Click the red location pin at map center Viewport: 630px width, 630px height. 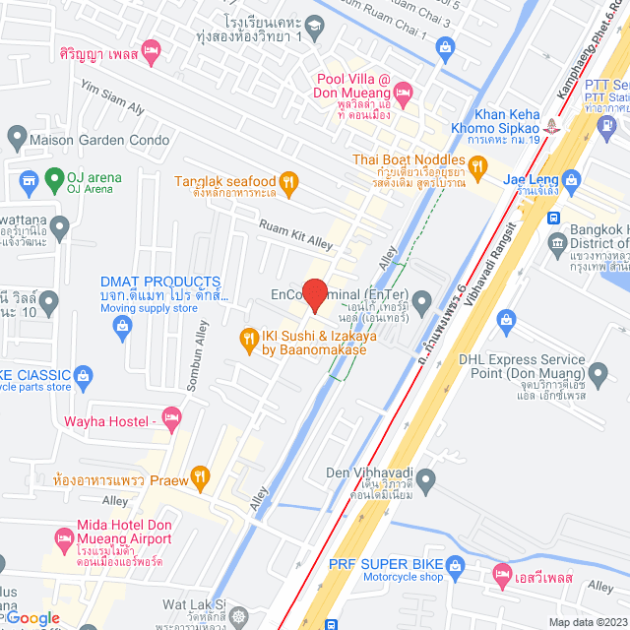coord(314,294)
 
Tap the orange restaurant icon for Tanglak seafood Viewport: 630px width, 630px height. coord(288,181)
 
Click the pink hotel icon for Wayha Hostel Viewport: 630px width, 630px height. coord(171,420)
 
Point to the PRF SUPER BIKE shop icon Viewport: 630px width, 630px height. coord(454,566)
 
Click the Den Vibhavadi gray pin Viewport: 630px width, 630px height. coord(425,480)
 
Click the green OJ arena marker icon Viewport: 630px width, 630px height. coord(30,180)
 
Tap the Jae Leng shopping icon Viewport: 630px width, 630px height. coord(572,180)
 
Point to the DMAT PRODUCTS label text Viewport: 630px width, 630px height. coord(160,283)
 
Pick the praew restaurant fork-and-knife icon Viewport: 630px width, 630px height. coord(200,478)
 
